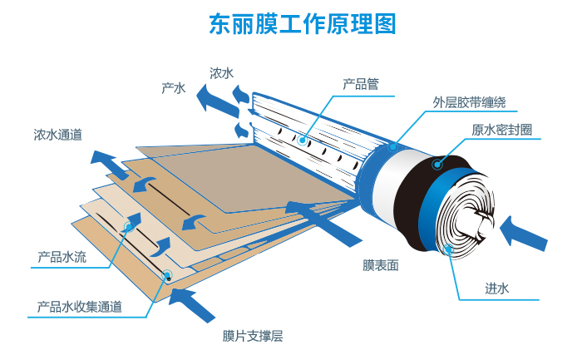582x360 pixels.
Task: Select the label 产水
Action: click(x=173, y=87)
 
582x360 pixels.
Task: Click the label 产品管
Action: click(x=361, y=83)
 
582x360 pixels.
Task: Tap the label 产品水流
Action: click(x=62, y=257)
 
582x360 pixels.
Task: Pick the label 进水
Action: click(x=496, y=288)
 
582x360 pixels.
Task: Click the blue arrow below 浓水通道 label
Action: click(x=106, y=162)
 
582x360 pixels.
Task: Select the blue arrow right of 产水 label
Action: click(x=215, y=98)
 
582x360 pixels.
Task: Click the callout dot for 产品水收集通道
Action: click(x=167, y=274)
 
